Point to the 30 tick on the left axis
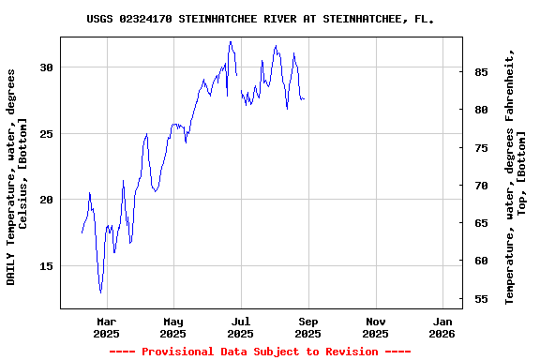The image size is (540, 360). [46, 68]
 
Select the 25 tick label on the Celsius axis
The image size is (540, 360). [46, 134]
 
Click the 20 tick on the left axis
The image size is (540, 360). [46, 200]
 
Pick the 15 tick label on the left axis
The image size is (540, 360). [46, 266]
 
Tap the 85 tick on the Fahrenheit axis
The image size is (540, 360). [480, 72]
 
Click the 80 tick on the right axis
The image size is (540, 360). [480, 110]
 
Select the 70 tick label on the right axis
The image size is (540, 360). [480, 186]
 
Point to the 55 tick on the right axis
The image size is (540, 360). [480, 299]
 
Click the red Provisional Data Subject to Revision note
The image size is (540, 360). [260, 352]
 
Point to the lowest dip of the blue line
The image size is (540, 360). [100, 292]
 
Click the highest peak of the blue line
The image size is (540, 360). [230, 41]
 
